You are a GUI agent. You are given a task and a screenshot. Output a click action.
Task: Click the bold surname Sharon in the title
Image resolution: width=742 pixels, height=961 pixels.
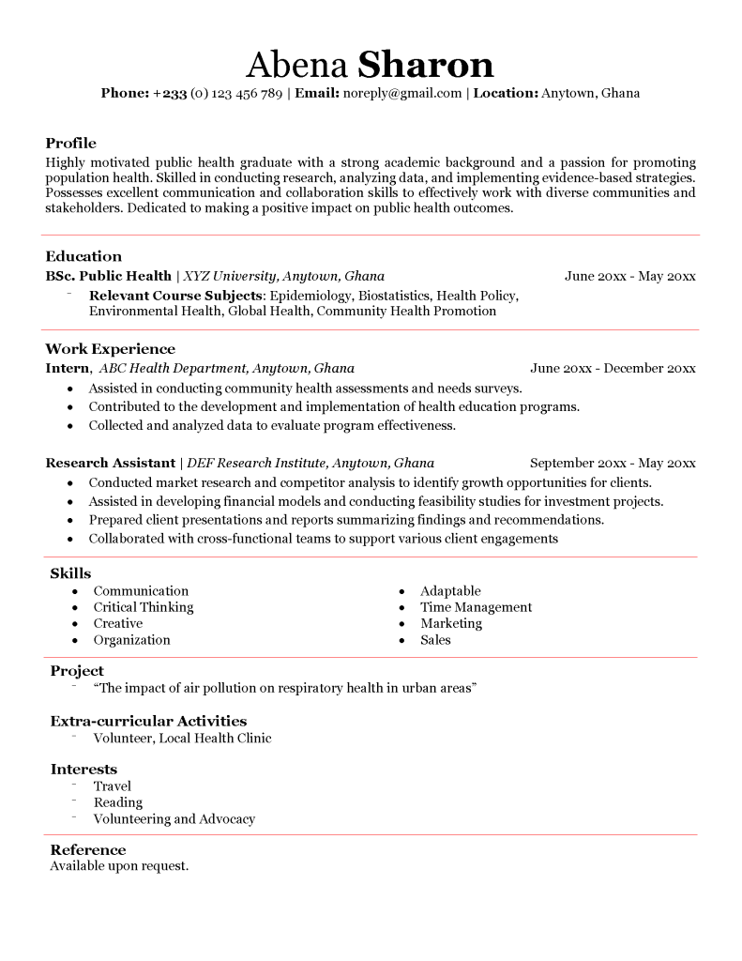coord(426,65)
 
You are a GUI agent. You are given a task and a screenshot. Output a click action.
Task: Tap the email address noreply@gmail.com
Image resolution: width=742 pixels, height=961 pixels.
coord(402,93)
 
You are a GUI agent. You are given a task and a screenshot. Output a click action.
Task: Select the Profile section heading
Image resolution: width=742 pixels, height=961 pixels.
coord(70,144)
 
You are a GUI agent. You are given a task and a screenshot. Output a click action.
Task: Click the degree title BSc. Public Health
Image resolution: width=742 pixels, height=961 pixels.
coord(108,276)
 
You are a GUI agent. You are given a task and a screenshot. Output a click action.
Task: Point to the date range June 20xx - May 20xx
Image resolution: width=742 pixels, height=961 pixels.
coord(629,276)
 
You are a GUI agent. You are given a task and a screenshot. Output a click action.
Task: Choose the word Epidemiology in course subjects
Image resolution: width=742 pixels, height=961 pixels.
coord(306,295)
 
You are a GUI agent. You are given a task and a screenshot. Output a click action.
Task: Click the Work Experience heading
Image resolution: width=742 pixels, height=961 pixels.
coord(110,349)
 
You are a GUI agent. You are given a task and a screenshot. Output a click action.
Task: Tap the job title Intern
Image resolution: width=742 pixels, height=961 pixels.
coord(68,368)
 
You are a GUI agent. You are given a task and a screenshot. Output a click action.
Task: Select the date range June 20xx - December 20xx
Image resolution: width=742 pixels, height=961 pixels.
coord(613,368)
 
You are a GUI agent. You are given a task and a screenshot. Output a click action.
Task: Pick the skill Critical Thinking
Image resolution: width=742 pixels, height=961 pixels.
coord(143,607)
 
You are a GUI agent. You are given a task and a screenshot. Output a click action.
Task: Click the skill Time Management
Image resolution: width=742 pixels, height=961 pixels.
coord(476,607)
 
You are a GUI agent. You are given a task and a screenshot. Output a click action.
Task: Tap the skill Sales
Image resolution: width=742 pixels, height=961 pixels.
coord(435,640)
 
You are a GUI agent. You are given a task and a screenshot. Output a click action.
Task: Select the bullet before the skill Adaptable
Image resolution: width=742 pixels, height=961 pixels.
coord(401,591)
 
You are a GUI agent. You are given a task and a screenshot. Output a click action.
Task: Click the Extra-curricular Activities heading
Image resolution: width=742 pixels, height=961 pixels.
coord(148,721)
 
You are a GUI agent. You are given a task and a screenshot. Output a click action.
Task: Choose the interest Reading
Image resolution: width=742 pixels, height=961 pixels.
coord(118,802)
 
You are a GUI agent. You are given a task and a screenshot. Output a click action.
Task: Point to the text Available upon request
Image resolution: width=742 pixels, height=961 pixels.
coord(119,865)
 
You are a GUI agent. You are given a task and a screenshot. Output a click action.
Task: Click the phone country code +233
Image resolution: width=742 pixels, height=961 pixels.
coord(170,93)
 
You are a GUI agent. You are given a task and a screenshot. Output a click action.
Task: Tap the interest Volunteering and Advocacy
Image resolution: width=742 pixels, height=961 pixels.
coord(174,818)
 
